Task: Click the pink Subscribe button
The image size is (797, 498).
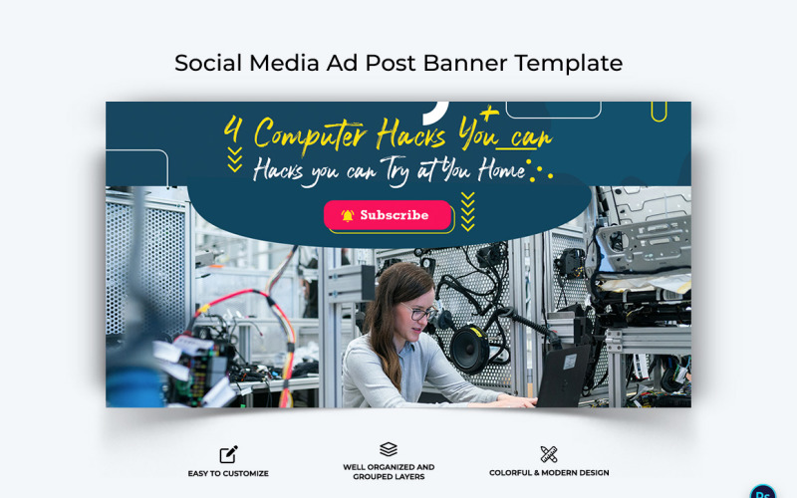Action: (x=388, y=215)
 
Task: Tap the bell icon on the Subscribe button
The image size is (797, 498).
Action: (x=348, y=215)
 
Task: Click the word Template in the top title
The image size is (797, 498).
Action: (x=569, y=63)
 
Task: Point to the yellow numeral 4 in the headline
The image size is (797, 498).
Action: (x=233, y=131)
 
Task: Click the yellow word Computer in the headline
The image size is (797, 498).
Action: (x=310, y=133)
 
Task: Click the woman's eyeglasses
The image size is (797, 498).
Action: (x=421, y=312)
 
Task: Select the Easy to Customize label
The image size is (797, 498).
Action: (x=228, y=473)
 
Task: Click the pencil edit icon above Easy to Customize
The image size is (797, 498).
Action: (x=228, y=454)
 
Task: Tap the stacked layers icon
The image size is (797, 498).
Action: (x=389, y=449)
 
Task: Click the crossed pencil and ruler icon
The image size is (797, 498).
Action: (x=549, y=454)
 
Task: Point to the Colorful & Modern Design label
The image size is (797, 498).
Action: (x=549, y=473)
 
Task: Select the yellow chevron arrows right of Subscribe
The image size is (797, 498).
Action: (x=468, y=211)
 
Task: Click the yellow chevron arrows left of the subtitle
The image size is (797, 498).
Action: (x=234, y=159)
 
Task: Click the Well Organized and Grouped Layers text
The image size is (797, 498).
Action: (x=389, y=472)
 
